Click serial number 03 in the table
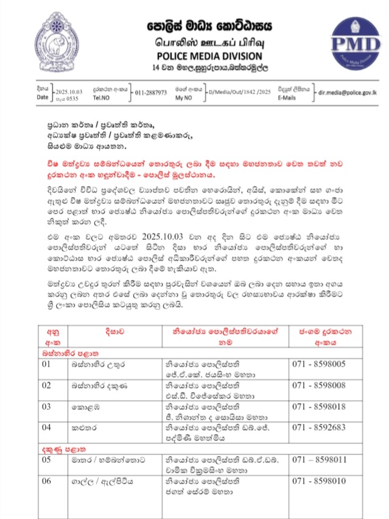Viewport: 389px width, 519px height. pyautogui.click(x=46, y=406)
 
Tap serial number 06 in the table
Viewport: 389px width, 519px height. pyautogui.click(x=46, y=481)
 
